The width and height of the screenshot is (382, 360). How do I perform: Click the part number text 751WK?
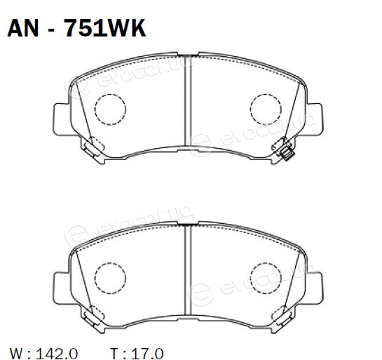(104, 28)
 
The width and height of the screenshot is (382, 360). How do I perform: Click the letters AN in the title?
(23, 28)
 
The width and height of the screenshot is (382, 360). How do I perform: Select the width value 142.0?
(57, 353)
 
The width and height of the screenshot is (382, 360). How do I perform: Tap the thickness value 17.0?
(147, 353)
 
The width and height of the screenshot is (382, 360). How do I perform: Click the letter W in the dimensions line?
(18, 353)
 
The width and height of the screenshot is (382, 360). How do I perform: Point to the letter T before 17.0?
(114, 353)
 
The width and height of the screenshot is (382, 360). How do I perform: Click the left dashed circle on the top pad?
(110, 109)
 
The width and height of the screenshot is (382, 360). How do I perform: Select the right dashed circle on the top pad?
(266, 109)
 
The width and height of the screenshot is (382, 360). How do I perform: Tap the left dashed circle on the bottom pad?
(110, 278)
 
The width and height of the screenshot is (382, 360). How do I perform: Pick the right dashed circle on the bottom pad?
(266, 278)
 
